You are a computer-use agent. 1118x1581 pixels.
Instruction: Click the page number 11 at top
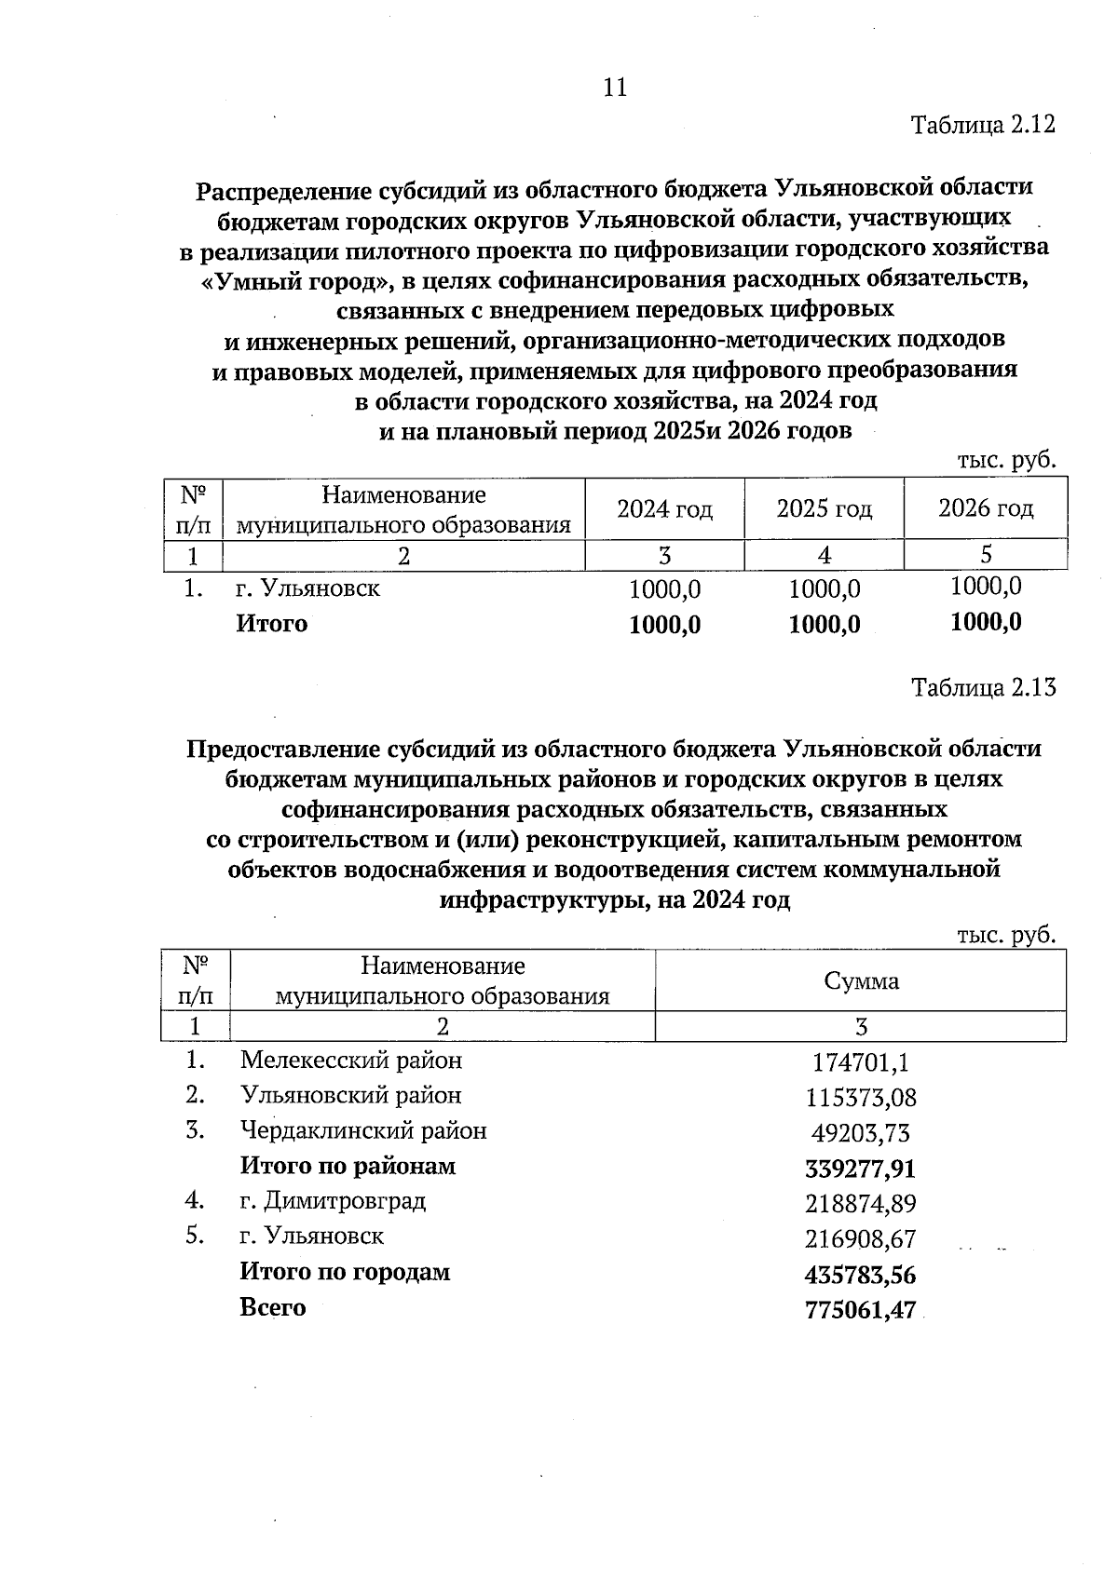(615, 88)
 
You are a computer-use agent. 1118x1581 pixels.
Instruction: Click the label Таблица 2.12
(983, 126)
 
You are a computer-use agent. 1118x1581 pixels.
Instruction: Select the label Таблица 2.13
(983, 688)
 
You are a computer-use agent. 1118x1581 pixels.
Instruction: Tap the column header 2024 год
(664, 509)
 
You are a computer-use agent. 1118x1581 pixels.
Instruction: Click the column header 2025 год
(824, 509)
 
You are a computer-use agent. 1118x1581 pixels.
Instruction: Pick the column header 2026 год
(985, 508)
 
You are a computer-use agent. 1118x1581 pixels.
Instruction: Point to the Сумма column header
(861, 981)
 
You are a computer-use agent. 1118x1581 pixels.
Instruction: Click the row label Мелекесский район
(350, 1061)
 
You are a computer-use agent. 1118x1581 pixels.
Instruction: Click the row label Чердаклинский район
(363, 1131)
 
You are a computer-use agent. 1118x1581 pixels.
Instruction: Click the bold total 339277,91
(860, 1169)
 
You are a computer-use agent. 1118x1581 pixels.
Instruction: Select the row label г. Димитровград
(333, 1201)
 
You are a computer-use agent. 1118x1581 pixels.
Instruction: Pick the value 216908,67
(860, 1240)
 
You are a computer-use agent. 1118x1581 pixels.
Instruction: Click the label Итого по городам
(345, 1272)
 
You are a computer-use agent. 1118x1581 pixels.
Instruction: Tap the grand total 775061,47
(860, 1311)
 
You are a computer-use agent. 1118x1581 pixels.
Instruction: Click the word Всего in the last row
(272, 1307)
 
